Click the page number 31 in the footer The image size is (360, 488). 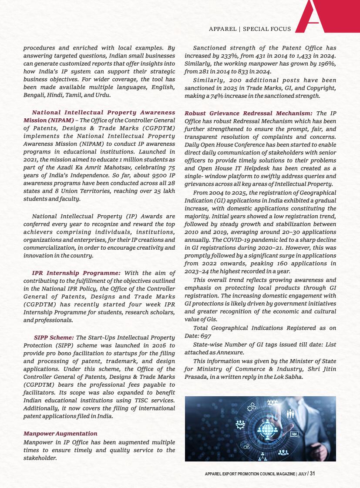click(312, 474)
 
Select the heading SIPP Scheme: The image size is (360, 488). click(54, 338)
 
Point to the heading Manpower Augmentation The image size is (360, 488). click(61, 434)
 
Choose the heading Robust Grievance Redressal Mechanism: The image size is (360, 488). click(249, 113)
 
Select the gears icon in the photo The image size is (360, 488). click(252, 407)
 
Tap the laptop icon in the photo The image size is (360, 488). click(294, 434)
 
